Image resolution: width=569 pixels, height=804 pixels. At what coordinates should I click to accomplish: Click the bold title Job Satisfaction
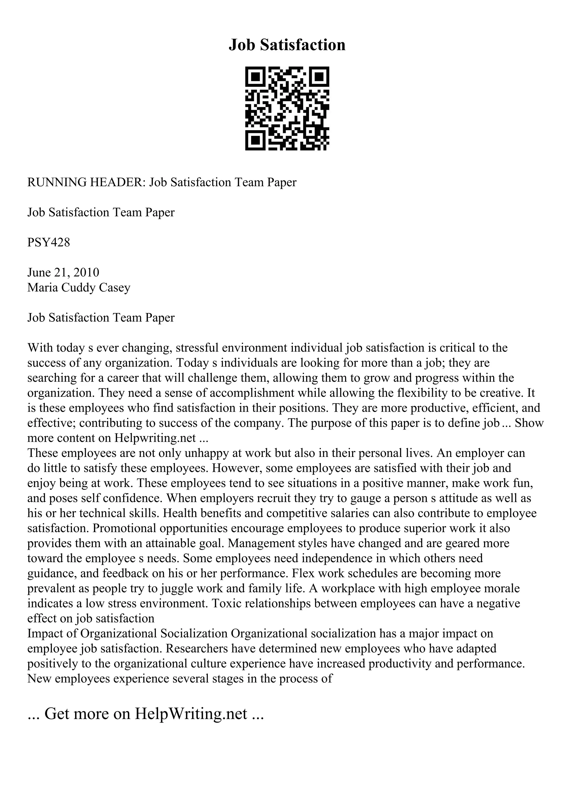[x=287, y=45]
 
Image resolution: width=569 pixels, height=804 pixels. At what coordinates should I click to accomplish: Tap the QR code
[x=287, y=108]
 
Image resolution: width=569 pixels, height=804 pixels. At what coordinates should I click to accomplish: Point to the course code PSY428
[x=49, y=242]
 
